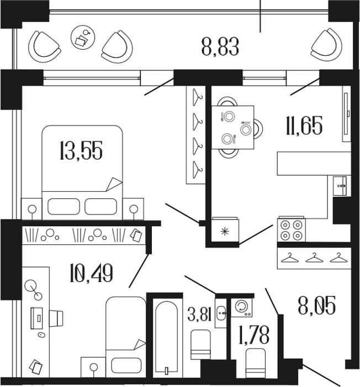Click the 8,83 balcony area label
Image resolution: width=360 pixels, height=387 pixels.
point(220,47)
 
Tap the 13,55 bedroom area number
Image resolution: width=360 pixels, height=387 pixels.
point(81,150)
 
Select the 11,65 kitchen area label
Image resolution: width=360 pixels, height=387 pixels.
point(304,125)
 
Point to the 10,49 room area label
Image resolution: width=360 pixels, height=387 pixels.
point(92,273)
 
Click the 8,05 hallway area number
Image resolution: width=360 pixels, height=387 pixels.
point(317,306)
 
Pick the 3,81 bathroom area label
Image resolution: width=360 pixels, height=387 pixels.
point(199,314)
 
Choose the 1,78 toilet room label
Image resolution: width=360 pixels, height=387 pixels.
point(254,334)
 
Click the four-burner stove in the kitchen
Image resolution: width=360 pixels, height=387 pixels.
point(292,230)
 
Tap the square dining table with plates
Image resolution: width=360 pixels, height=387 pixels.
point(233,127)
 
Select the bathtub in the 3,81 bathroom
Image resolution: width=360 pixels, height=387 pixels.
point(167,337)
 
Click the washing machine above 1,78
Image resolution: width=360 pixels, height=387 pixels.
point(242,308)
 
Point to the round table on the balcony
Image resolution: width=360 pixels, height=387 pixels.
point(83,38)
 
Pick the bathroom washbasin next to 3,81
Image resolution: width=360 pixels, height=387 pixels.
point(221,313)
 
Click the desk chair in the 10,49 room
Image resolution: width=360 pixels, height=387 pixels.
point(56,318)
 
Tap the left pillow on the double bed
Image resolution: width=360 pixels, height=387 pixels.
point(63,206)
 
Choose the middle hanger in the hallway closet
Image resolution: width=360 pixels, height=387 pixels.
point(314,258)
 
